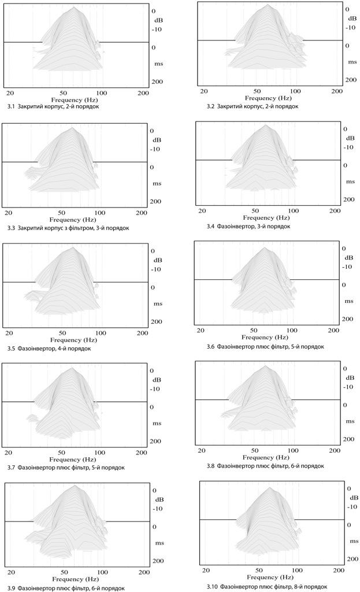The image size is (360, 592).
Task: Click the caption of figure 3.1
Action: pos(53,106)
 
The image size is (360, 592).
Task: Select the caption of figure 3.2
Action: pos(252,106)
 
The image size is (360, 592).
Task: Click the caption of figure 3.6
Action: pos(265,346)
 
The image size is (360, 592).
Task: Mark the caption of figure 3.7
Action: pos(66,467)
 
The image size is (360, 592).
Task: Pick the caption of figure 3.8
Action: pos(265,466)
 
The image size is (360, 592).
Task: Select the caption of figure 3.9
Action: pos(66,587)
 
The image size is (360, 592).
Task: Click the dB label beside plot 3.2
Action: pos(349,18)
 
